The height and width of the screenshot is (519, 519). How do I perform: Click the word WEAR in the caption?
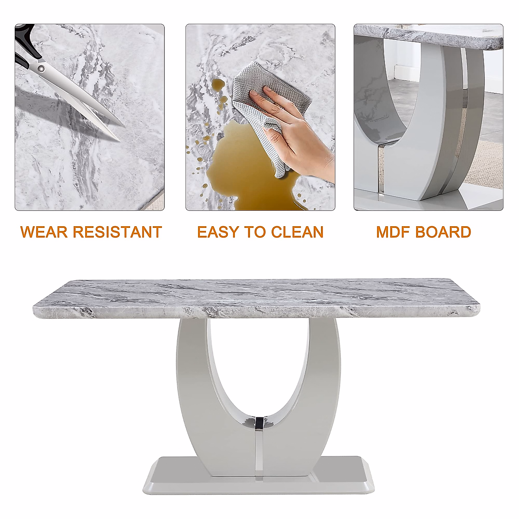[x=43, y=232]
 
